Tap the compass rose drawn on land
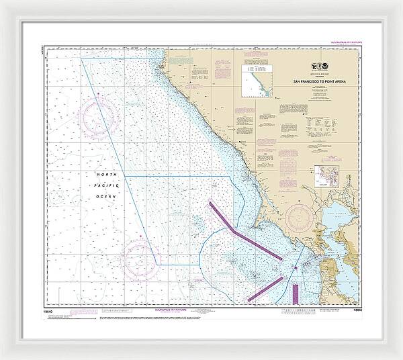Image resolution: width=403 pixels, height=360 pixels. (300, 218)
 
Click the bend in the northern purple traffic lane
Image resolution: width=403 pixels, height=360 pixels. (233, 230)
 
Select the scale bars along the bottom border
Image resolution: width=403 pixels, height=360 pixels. (302, 310)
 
